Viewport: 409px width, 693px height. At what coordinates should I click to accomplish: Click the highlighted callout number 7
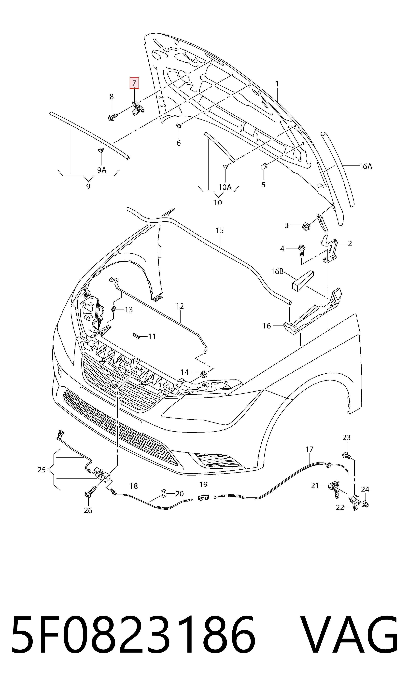(134, 83)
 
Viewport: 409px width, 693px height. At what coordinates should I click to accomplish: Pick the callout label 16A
(366, 166)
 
